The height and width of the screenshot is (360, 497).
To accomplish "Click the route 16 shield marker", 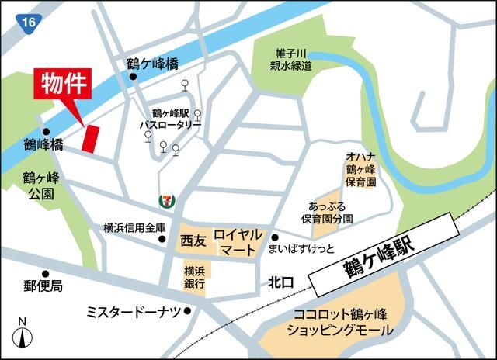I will pos(29,22).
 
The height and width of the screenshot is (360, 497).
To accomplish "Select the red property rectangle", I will pos(90,137).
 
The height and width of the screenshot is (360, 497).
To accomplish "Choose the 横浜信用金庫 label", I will pos(134,227).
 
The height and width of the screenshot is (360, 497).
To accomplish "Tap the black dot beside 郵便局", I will pos(46,273).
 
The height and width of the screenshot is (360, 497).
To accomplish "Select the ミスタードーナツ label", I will pos(134,311).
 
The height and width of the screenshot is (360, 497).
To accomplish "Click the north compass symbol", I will pos(23,335).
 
